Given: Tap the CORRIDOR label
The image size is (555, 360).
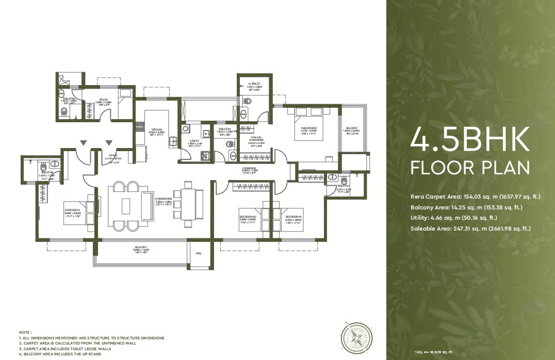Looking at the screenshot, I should click(x=250, y=169).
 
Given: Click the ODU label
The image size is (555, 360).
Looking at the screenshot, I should click(x=199, y=253).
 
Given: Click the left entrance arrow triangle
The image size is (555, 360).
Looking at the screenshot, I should click(x=83, y=143).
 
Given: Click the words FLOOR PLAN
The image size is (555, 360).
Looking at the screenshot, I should click(x=469, y=168).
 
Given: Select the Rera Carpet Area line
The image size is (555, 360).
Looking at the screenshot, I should click(x=475, y=197).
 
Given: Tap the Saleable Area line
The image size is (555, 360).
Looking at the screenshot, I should click(x=470, y=228).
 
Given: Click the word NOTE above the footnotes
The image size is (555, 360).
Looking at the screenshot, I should click(x=25, y=332).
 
